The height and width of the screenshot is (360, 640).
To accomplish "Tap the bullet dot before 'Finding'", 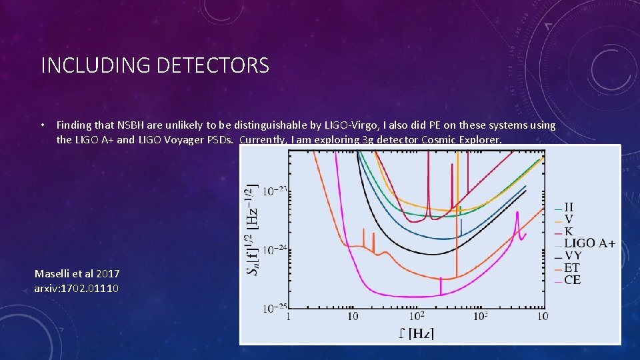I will (x=42, y=125).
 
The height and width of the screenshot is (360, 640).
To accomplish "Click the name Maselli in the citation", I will (x=55, y=273).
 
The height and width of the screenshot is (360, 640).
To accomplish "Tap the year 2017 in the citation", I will (x=109, y=273).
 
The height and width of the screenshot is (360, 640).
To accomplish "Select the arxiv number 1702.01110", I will (x=91, y=288).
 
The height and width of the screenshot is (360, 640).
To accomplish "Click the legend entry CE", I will (x=572, y=280).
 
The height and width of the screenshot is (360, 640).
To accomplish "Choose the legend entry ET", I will (x=572, y=268).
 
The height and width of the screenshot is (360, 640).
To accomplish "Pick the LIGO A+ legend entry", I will (x=589, y=243).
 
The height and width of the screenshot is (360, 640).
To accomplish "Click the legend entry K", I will (x=569, y=231).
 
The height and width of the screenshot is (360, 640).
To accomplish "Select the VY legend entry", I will (x=573, y=255).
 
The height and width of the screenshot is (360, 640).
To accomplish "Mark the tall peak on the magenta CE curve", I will (x=517, y=217).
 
